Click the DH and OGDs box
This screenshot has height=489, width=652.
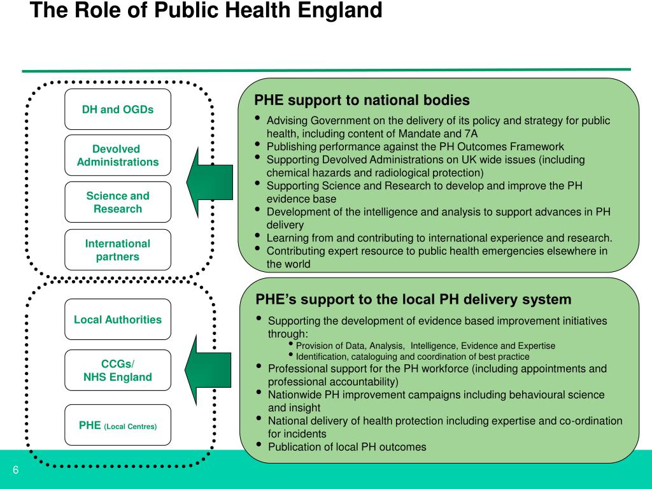[x=118, y=109]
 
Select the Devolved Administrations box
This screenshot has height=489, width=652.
[x=118, y=155]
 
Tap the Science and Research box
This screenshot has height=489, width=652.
[x=118, y=202]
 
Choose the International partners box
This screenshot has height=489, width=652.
[x=118, y=250]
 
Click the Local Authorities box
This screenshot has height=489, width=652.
[x=118, y=320]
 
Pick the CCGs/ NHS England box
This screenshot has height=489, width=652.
[x=118, y=371]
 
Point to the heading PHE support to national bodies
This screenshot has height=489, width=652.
[x=362, y=101]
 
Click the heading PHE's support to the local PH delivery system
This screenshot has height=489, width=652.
[x=413, y=299]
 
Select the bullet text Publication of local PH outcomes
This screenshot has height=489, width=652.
[x=347, y=447]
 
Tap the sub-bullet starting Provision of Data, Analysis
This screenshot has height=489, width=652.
[x=425, y=346]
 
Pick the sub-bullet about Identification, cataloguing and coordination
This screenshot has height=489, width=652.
[x=413, y=357]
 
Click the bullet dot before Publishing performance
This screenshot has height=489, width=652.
[x=257, y=145]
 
